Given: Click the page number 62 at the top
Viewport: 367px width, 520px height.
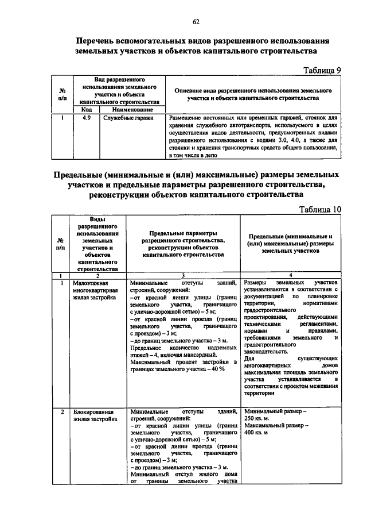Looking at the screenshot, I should click(196, 22).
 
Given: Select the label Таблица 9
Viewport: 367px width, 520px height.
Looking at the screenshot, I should click(321, 70).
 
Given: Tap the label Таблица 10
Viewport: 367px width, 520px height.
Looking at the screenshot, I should click(319, 209).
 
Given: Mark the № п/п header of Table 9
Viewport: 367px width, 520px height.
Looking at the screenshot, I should click(61, 94).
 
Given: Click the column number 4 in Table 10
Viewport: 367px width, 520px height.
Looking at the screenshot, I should click(291, 276).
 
